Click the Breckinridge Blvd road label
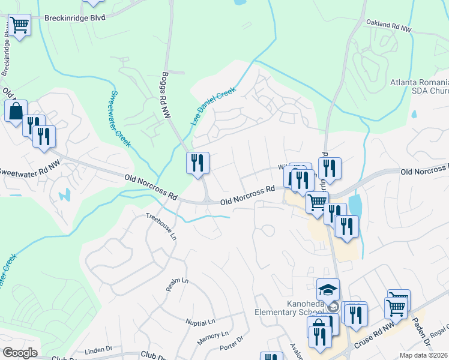coord(75,17)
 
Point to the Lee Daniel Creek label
coord(213,106)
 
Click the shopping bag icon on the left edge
coord(15,111)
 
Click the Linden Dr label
coord(99,349)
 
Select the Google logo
coord(19,353)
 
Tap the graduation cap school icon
coord(328,290)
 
